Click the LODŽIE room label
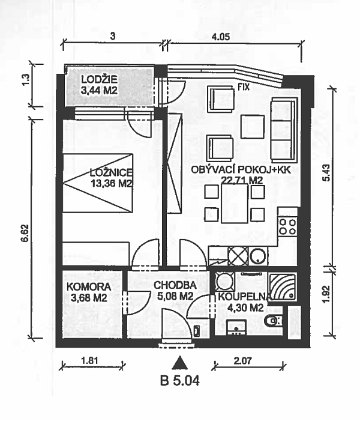pyautogui.click(x=99, y=79)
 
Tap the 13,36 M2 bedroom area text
pyautogui.click(x=112, y=184)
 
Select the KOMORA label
pyautogui.click(x=89, y=286)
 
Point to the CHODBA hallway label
pyautogui.click(x=175, y=285)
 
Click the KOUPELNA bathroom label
pyautogui.click(x=244, y=297)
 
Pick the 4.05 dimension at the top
pyautogui.click(x=221, y=37)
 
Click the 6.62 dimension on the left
pyautogui.click(x=25, y=232)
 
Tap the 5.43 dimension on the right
pyautogui.click(x=327, y=172)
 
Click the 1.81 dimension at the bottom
pyautogui.click(x=89, y=360)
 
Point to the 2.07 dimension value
pyautogui.click(x=243, y=360)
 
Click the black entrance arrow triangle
pyautogui.click(x=180, y=363)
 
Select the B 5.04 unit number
pyautogui.click(x=180, y=380)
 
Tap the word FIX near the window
pyautogui.click(x=244, y=86)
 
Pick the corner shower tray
pyautogui.click(x=282, y=286)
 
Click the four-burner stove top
pyautogui.click(x=287, y=226)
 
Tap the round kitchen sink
pyautogui.click(x=258, y=256)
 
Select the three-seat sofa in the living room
pyautogui.click(x=284, y=130)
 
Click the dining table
pyautogui.click(x=235, y=203)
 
